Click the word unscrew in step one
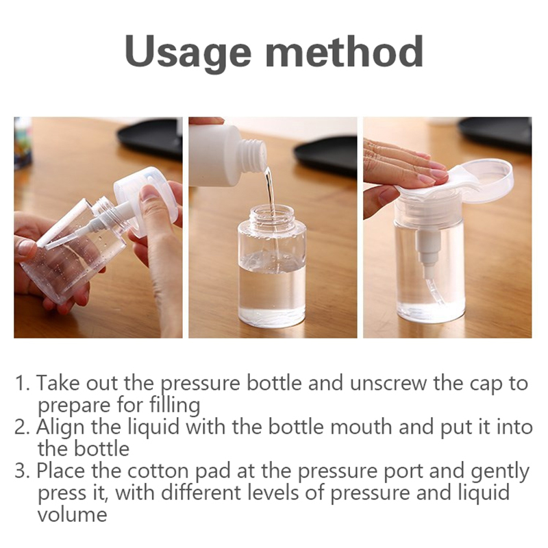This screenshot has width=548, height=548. [x=388, y=383]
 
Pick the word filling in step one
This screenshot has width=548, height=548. [x=175, y=406]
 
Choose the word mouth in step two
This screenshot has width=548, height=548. [x=361, y=427]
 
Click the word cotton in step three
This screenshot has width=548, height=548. [x=158, y=471]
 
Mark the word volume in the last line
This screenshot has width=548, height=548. [x=72, y=515]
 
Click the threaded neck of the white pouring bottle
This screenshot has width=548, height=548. [x=252, y=155]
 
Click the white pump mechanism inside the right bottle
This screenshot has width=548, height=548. [x=428, y=251]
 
